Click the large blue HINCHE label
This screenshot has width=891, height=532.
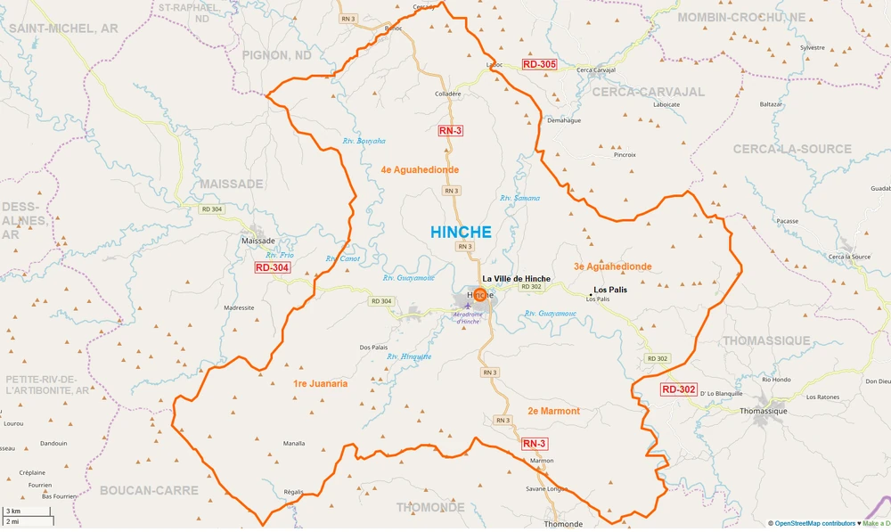pos(461,232)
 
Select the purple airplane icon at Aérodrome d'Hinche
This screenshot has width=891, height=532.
pos(469,307)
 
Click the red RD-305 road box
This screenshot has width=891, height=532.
pos(539,64)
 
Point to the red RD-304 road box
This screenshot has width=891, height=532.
pos(272,267)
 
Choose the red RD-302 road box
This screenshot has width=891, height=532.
pos(678,389)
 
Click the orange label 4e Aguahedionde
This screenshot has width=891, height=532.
pos(420,169)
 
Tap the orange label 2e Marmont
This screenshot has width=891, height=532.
pos(553,411)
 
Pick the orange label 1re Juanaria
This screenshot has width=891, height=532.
pos(320,383)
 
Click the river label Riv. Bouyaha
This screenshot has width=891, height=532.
pos(364,141)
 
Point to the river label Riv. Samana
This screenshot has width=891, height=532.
pos(519,198)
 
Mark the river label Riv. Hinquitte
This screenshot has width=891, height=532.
pos(409,356)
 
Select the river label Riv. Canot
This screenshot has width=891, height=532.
pos(342,259)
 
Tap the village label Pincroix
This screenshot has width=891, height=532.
pos(625,154)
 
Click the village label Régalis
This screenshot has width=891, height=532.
pos(294,492)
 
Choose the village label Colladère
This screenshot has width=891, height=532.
pos(447,94)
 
